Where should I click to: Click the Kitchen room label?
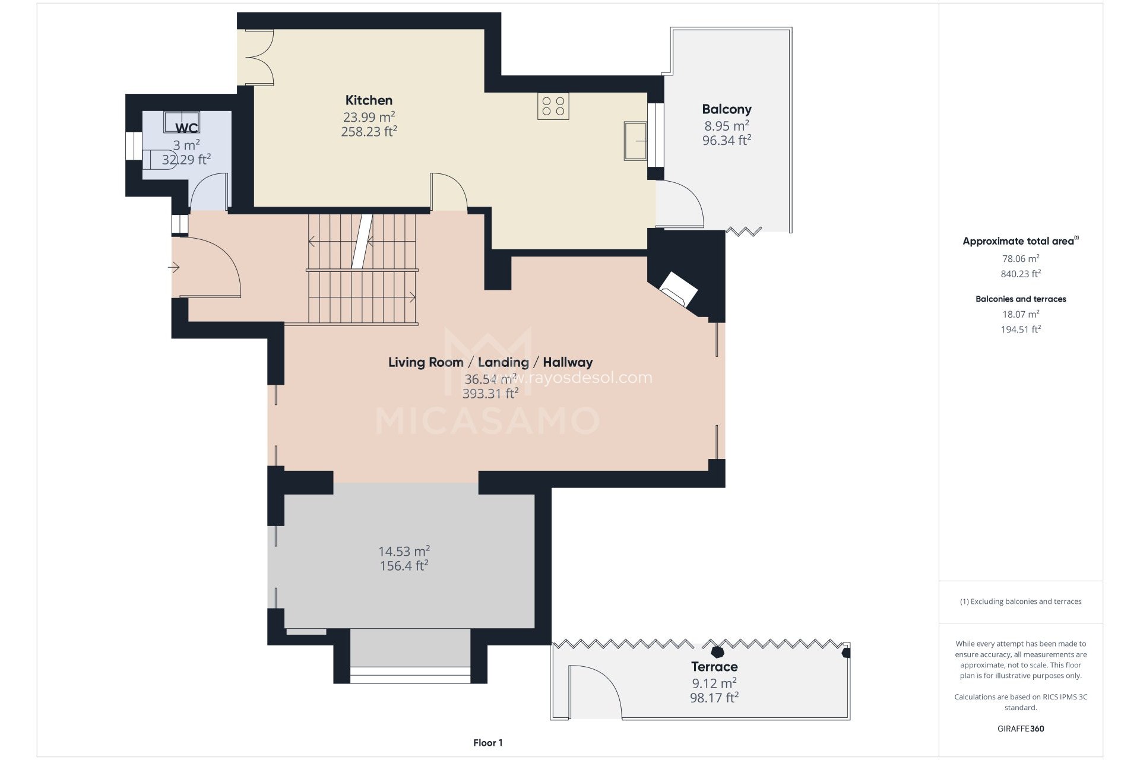pos(369,100)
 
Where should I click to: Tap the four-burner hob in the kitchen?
pos(553,106)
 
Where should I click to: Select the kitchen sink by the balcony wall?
pos(635,141)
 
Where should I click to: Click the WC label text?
pos(186,128)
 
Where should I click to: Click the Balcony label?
pos(726,109)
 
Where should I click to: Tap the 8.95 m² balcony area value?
pos(726,126)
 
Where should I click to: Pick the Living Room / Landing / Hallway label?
pos(490,362)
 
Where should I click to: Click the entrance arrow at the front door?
pos(173,268)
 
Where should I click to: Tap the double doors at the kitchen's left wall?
pos(259,58)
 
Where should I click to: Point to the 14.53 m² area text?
pos(404,552)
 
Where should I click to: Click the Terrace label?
pos(714,667)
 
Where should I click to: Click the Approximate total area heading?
pos(1018,241)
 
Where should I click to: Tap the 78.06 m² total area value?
pos(1020,259)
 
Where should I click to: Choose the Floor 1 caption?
pos(487,743)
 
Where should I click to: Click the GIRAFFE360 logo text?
pos(1020,729)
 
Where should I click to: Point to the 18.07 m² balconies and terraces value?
pos(1020,314)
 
